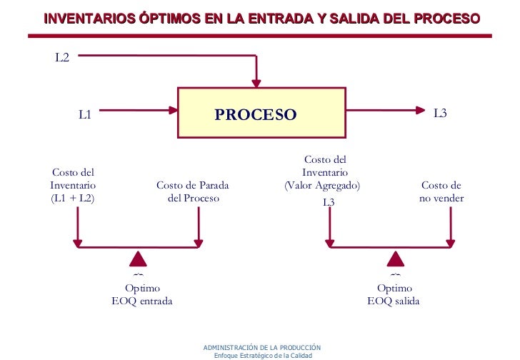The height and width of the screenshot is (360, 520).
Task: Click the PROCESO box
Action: pos(255,113)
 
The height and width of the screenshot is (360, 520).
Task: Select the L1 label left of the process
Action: pos(85,114)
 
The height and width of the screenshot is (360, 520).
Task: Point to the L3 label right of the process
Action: pos(440,113)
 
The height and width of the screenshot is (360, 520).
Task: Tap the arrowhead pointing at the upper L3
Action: pos(419,110)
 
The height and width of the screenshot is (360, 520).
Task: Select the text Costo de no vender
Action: pos(441,192)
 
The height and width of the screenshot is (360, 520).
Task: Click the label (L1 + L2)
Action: pos(72,199)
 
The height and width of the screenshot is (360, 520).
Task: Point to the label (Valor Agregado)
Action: pos(322,186)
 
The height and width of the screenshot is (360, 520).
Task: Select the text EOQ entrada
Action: pos(142,301)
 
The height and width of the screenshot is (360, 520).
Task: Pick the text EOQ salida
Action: pos(394,301)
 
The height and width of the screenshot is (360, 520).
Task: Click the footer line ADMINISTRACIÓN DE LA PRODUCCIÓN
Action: pos(262,346)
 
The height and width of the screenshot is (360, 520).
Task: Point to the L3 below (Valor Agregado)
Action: pos(329,202)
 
